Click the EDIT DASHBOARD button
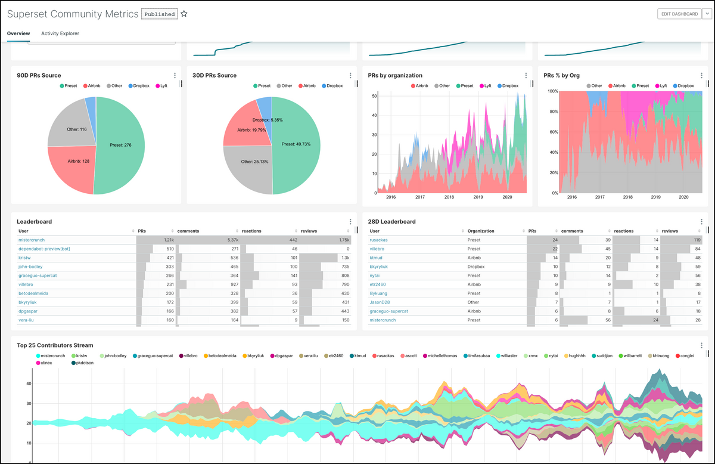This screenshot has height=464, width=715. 679,14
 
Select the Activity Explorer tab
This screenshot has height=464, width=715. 60,33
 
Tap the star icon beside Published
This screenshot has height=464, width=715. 184,14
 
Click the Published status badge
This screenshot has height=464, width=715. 160,14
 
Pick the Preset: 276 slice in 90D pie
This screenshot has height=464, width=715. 123,145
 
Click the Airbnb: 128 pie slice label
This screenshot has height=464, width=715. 77,161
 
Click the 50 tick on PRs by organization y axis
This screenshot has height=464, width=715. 374,95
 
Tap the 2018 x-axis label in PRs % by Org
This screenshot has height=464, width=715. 627,197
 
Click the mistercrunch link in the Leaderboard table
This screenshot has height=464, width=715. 33,240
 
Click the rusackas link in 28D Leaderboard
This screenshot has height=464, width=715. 379,240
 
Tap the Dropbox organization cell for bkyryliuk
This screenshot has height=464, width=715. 477,267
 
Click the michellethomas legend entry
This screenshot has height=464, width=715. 442,355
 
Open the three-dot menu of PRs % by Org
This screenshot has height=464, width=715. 701,76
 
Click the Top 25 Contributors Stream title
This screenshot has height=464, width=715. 55,345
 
